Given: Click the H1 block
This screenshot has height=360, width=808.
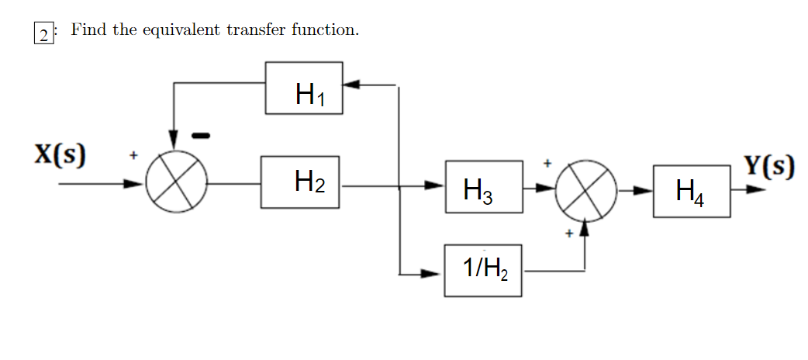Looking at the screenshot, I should tap(304, 88).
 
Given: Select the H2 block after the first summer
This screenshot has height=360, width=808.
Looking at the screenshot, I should tap(299, 182).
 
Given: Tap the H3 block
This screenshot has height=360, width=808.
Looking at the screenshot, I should tap(483, 187).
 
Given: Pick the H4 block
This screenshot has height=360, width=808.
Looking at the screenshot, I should tap(691, 190).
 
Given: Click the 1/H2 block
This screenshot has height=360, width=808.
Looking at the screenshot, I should tap(482, 270).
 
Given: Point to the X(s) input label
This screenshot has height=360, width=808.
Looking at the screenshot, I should tap(60, 154).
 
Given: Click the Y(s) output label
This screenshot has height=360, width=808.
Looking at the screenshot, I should tap(768, 166).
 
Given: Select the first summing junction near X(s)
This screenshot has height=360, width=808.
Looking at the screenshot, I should tap(176, 185).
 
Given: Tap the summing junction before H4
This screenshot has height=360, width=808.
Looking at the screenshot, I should tap(586, 189).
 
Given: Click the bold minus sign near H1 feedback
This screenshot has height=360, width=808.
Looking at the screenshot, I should tap(200, 136).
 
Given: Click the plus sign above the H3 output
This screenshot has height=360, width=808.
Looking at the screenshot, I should tap(547, 164).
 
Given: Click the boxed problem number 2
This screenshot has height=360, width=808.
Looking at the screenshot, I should tap(45, 33).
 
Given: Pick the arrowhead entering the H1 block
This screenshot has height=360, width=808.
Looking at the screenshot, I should tap(350, 82).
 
